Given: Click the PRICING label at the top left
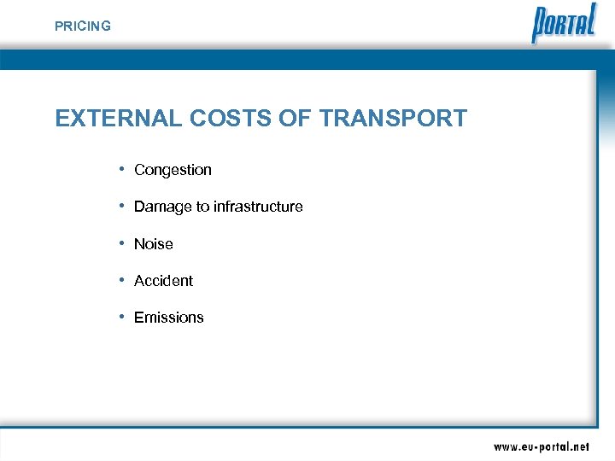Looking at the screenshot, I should pyautogui.click(x=82, y=26).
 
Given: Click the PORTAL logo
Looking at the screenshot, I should pyautogui.click(x=564, y=24).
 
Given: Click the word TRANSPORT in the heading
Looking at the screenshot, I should pyautogui.click(x=393, y=118).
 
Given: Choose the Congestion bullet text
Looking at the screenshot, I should pyautogui.click(x=173, y=170).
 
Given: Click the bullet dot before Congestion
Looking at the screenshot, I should pyautogui.click(x=123, y=169).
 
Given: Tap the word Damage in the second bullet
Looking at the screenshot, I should pyautogui.click(x=162, y=207).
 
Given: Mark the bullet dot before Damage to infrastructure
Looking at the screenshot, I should pyautogui.click(x=123, y=206).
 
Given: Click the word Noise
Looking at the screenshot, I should pyautogui.click(x=154, y=244).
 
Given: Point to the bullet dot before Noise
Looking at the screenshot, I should pyautogui.click(x=123, y=243).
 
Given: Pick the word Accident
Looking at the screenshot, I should pyautogui.click(x=163, y=281).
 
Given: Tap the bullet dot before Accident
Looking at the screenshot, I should pyautogui.click(x=123, y=280).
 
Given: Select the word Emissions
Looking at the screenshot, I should pyautogui.click(x=169, y=318).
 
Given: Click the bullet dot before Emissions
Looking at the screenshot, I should pyautogui.click(x=123, y=317).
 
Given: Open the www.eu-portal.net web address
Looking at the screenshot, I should pyautogui.click(x=541, y=446).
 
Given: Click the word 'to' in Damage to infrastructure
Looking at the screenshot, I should pyautogui.click(x=202, y=207).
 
